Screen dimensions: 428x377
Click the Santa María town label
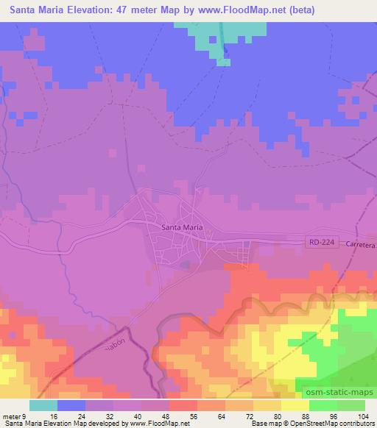(x=182, y=227)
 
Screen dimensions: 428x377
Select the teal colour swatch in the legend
(x=43, y=406)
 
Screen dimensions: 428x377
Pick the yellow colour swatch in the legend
(x=295, y=406)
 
